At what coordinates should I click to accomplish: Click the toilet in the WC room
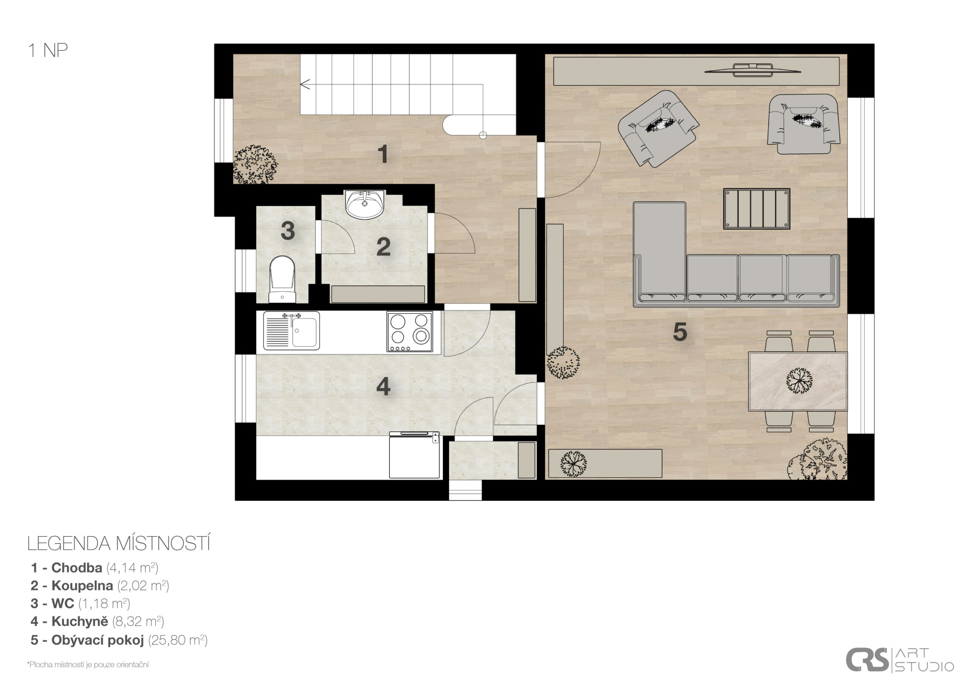[x=282, y=279]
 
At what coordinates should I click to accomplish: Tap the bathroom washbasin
[x=365, y=204]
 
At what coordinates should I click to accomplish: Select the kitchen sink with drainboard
[x=291, y=331]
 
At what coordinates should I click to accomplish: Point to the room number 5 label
[x=680, y=332]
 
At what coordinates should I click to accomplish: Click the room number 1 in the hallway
[x=383, y=154]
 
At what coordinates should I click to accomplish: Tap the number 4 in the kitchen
[x=383, y=386]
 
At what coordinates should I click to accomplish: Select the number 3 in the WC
[x=288, y=230]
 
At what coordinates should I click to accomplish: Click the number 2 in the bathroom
[x=383, y=247]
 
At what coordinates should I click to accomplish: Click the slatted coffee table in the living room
[x=757, y=209]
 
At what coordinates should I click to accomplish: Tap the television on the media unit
[x=752, y=70]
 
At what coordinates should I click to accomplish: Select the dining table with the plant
[x=798, y=381]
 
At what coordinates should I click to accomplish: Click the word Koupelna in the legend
[x=82, y=585]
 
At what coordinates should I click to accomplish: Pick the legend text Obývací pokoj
[x=98, y=640]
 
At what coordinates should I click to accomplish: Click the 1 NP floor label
[x=48, y=50]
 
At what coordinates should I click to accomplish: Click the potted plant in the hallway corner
[x=255, y=165]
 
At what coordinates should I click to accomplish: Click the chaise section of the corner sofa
[x=660, y=251]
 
